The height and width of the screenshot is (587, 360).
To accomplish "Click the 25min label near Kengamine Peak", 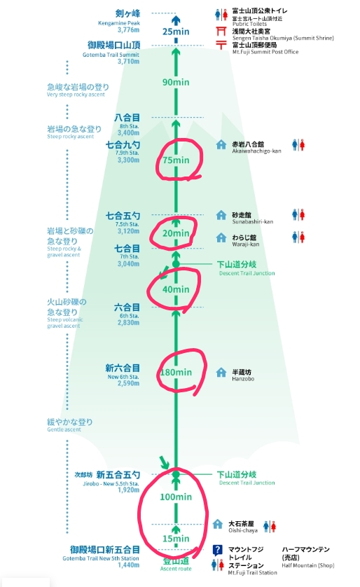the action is [176, 32].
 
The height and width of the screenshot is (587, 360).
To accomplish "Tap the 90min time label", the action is [176, 82].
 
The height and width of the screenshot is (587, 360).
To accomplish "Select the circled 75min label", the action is [176, 160].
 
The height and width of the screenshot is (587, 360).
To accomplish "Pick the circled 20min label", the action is [176, 233].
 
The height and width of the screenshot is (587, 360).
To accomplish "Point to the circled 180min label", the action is [176, 372].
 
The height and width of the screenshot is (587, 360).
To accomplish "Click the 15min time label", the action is [176, 539].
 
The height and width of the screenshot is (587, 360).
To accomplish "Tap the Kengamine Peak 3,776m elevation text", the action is [128, 30].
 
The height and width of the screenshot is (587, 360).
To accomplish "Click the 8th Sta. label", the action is [130, 127].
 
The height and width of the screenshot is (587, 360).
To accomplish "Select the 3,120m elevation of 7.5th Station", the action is [128, 231].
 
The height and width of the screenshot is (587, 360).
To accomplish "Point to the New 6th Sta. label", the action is [123, 377].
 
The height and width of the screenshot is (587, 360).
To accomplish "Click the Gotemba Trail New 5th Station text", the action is [101, 558].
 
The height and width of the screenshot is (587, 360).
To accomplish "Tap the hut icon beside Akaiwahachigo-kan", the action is [221, 144].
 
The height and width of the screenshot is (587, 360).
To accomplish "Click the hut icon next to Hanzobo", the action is [221, 372].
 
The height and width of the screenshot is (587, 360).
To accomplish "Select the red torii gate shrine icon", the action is [221, 31].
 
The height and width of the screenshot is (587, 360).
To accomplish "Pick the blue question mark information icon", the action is [217, 550].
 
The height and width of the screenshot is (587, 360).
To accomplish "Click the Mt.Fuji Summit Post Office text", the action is [265, 52].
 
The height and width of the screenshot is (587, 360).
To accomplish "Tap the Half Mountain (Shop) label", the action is [308, 565].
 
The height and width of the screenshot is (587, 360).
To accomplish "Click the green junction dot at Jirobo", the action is [176, 475].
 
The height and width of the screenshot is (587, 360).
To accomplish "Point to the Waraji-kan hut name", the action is [246, 244].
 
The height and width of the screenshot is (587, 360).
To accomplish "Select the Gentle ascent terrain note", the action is [64, 429].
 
